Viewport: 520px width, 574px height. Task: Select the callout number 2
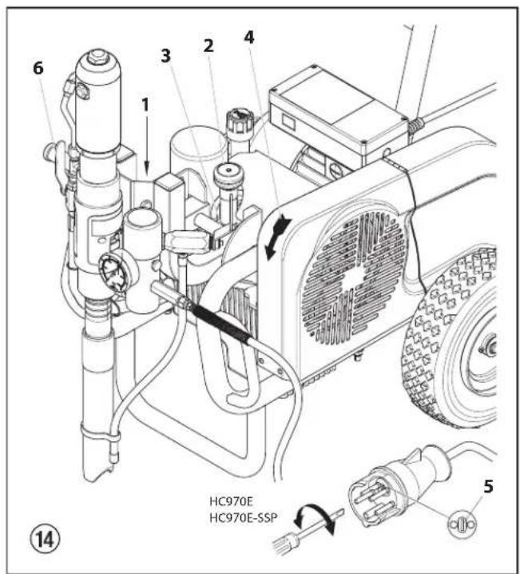(208, 46)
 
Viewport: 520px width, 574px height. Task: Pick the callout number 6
(38, 70)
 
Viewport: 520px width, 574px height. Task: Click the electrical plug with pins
(375, 496)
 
